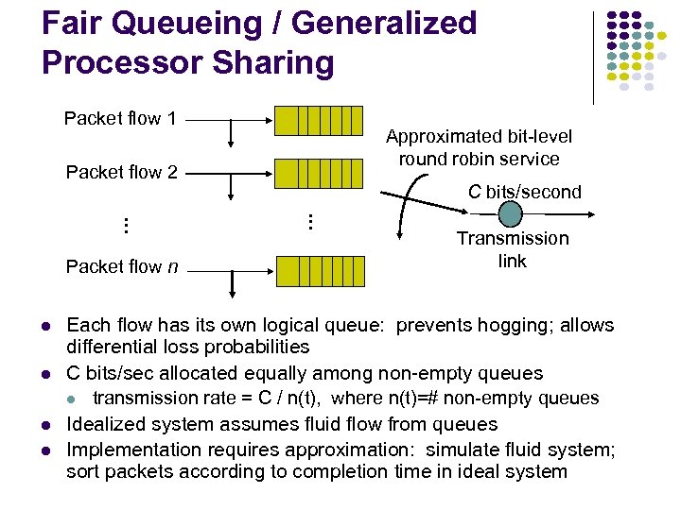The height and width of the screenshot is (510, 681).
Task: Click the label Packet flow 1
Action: coord(120,119)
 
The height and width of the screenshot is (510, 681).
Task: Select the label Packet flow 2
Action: coord(122,172)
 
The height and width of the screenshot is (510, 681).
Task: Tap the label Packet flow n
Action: coord(122,266)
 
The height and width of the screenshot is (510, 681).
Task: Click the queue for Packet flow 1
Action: coord(319,121)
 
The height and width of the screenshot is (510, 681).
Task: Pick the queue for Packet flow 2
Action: coord(319,173)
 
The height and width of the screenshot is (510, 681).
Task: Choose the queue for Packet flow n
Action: coord(319,271)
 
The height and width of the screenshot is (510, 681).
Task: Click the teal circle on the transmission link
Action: coord(511,214)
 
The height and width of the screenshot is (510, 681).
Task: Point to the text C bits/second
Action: coord(525,192)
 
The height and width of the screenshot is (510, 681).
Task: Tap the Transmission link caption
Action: coord(513,249)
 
